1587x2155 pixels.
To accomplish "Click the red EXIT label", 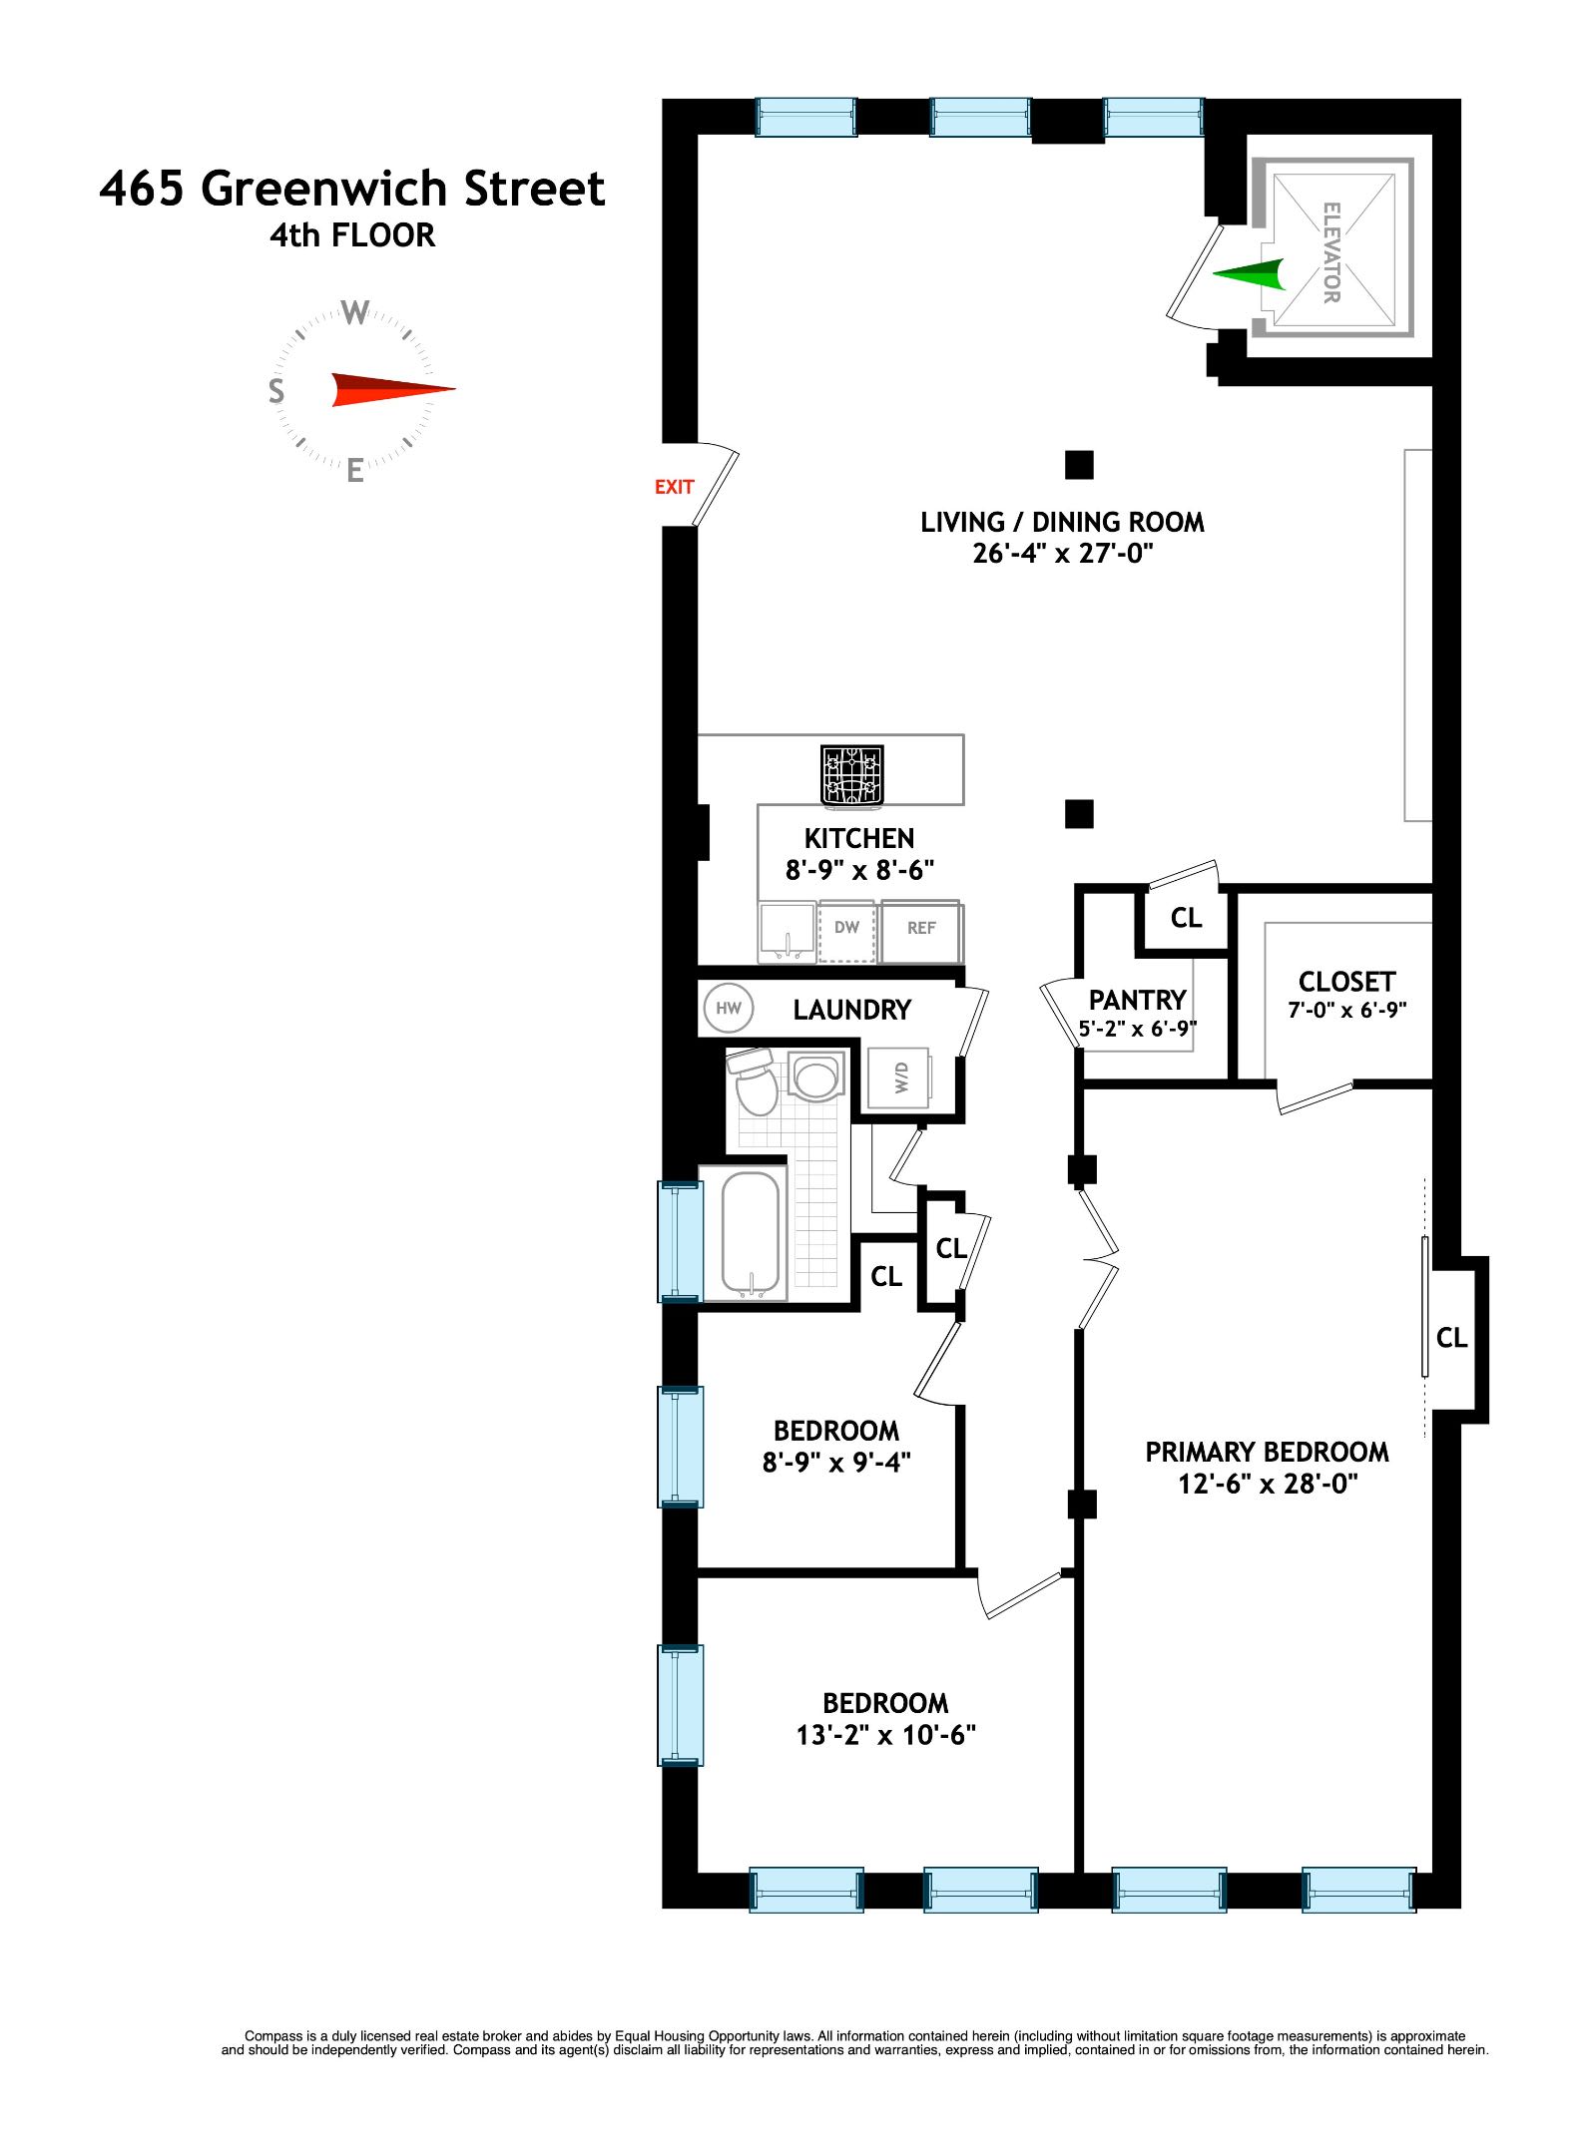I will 674,487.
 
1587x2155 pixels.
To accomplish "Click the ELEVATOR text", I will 1330,252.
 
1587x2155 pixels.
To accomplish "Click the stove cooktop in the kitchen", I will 852,774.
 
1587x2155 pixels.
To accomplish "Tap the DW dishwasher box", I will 846,929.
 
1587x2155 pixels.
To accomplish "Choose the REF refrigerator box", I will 921,929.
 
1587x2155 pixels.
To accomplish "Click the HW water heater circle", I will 728,1008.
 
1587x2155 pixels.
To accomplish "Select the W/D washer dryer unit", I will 899,1077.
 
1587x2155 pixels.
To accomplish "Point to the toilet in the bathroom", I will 755,1083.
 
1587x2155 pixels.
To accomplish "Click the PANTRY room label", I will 1137,1000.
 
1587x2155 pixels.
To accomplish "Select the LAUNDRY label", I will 851,1010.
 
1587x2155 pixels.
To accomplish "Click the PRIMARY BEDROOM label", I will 1267,1452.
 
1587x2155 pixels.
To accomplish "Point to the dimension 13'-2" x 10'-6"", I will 885,1735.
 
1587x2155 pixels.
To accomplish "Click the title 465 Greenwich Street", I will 352,189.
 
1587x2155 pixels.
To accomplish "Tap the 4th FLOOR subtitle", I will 352,235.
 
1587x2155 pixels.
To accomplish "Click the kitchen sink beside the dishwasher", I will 787,931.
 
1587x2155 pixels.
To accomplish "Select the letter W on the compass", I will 355,313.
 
